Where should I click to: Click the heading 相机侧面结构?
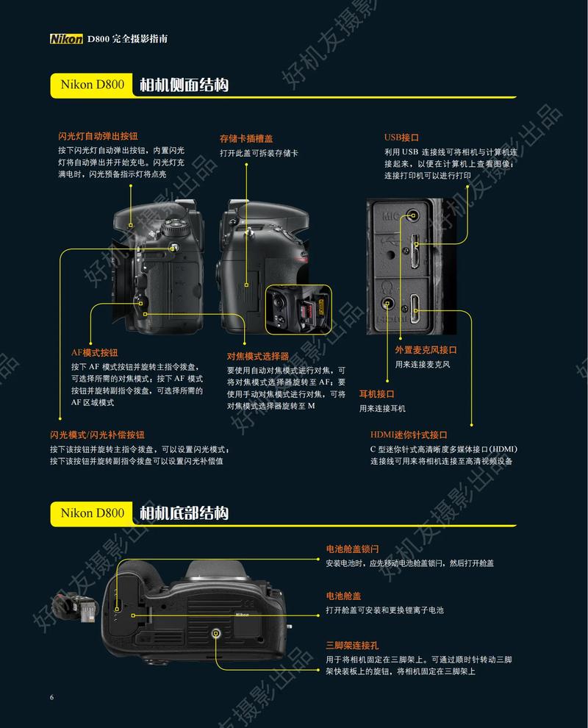pos(184,85)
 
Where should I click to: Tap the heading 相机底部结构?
pos(184,513)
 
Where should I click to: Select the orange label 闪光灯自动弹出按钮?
pos(98,136)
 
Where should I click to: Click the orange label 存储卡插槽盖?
pos(246,138)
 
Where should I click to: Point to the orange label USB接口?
pos(401,137)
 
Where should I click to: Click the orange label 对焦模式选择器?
pos(258,356)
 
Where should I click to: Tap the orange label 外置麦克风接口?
pos(426,350)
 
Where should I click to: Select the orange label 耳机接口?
pos(376,394)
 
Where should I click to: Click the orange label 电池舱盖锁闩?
pos(353,549)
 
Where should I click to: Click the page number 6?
pos(51,697)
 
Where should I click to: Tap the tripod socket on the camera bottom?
pos(215,632)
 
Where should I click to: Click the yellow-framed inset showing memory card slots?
pos(298,310)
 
